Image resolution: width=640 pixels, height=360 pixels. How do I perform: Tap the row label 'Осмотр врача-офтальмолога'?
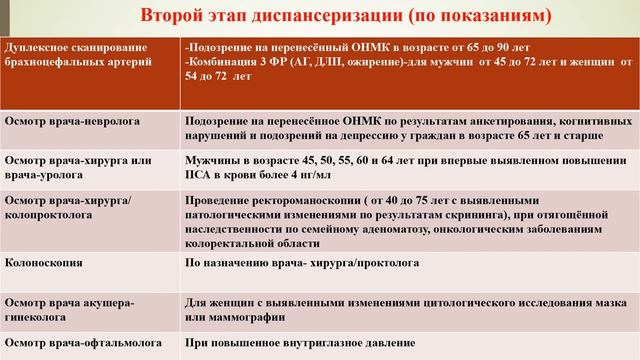(x=76, y=343)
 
